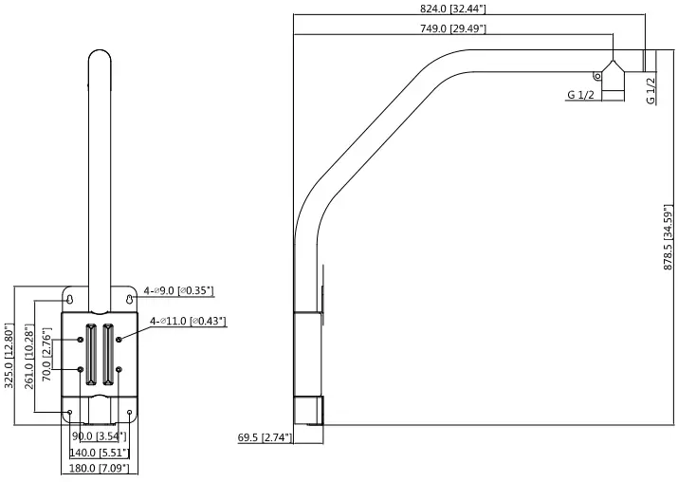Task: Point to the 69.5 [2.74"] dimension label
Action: pos(265,437)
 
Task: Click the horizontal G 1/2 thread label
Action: pos(581,95)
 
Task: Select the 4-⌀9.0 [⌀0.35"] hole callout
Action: pos(179,291)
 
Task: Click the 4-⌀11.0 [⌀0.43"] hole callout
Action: pos(189,323)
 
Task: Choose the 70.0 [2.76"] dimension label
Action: pos(46,353)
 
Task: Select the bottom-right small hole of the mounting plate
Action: pos(130,412)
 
